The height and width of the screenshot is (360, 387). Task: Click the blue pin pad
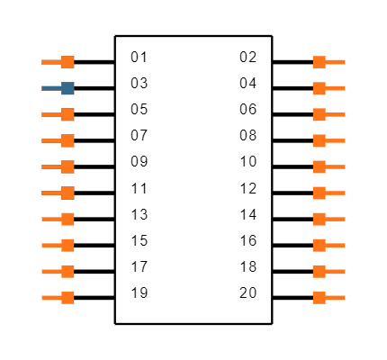[67, 88]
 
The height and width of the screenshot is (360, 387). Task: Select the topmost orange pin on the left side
[67, 62]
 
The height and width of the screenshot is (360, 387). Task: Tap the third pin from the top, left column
[67, 114]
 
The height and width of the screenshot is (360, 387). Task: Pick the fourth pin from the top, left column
[67, 140]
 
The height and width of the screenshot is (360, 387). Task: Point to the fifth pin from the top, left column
[67, 166]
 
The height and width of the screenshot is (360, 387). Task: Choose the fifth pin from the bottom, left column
[67, 193]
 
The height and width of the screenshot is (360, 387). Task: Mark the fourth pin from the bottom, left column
[67, 219]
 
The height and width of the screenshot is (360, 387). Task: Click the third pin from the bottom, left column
[67, 245]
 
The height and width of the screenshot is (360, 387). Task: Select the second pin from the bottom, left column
[67, 271]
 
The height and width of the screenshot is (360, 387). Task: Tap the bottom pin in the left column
[67, 297]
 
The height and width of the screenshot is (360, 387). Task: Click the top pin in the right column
[319, 62]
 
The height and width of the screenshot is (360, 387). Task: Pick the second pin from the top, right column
[319, 88]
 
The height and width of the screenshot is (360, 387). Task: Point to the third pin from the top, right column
[319, 114]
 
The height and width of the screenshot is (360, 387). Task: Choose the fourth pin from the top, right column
[319, 140]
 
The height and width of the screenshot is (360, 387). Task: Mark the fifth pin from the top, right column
[319, 166]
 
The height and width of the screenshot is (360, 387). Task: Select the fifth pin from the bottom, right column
[319, 193]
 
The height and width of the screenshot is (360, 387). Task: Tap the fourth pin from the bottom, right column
[319, 219]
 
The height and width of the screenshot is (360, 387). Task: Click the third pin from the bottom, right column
[319, 245]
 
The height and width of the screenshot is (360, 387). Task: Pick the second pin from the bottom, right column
[319, 271]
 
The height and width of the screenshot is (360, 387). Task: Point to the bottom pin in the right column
[319, 297]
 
